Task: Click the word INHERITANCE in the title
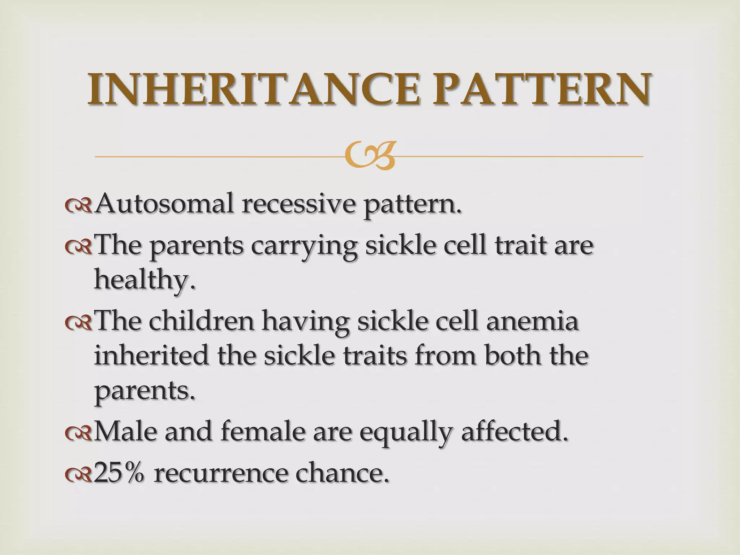coord(253,89)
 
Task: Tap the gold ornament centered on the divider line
coord(370,156)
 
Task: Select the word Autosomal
coord(164,204)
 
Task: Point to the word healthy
coord(145,280)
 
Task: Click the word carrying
coord(304,246)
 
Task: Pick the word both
coord(513,356)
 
